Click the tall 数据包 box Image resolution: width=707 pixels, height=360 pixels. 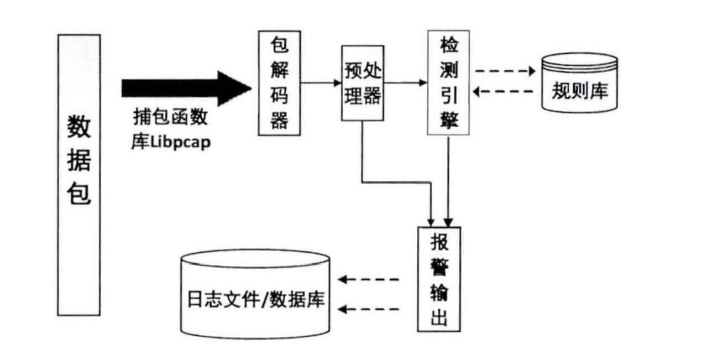tap(79, 175)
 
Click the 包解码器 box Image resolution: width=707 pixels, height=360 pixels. tap(279, 83)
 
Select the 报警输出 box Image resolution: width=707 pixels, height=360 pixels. tap(439, 279)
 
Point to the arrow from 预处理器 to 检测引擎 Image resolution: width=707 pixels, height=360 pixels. tap(405, 83)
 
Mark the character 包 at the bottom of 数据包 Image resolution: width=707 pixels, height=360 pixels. tap(79, 195)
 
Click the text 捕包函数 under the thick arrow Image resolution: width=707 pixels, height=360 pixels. tap(170, 118)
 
